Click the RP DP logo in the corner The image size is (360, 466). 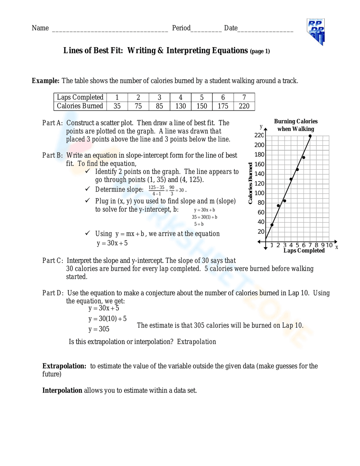(316, 32)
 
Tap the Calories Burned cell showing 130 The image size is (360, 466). (180, 106)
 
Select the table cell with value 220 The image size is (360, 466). (244, 106)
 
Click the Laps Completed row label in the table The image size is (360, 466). (80, 97)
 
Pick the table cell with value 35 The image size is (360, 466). (117, 106)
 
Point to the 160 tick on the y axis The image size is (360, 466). (259, 164)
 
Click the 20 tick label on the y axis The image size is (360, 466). (261, 232)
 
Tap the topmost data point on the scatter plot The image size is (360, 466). (310, 136)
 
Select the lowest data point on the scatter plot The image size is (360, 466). (272, 225)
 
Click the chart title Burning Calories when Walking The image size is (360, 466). (296, 125)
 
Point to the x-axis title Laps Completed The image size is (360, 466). (304, 251)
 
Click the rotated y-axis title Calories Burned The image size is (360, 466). (250, 183)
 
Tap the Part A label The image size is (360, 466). (52, 123)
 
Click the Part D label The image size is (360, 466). (53, 293)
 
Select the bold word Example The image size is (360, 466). (45, 81)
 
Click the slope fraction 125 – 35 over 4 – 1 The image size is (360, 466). (156, 191)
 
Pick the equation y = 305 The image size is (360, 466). (99, 329)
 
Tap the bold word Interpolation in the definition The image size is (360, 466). (62, 390)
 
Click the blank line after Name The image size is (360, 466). (110, 29)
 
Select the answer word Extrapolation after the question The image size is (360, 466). (197, 342)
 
